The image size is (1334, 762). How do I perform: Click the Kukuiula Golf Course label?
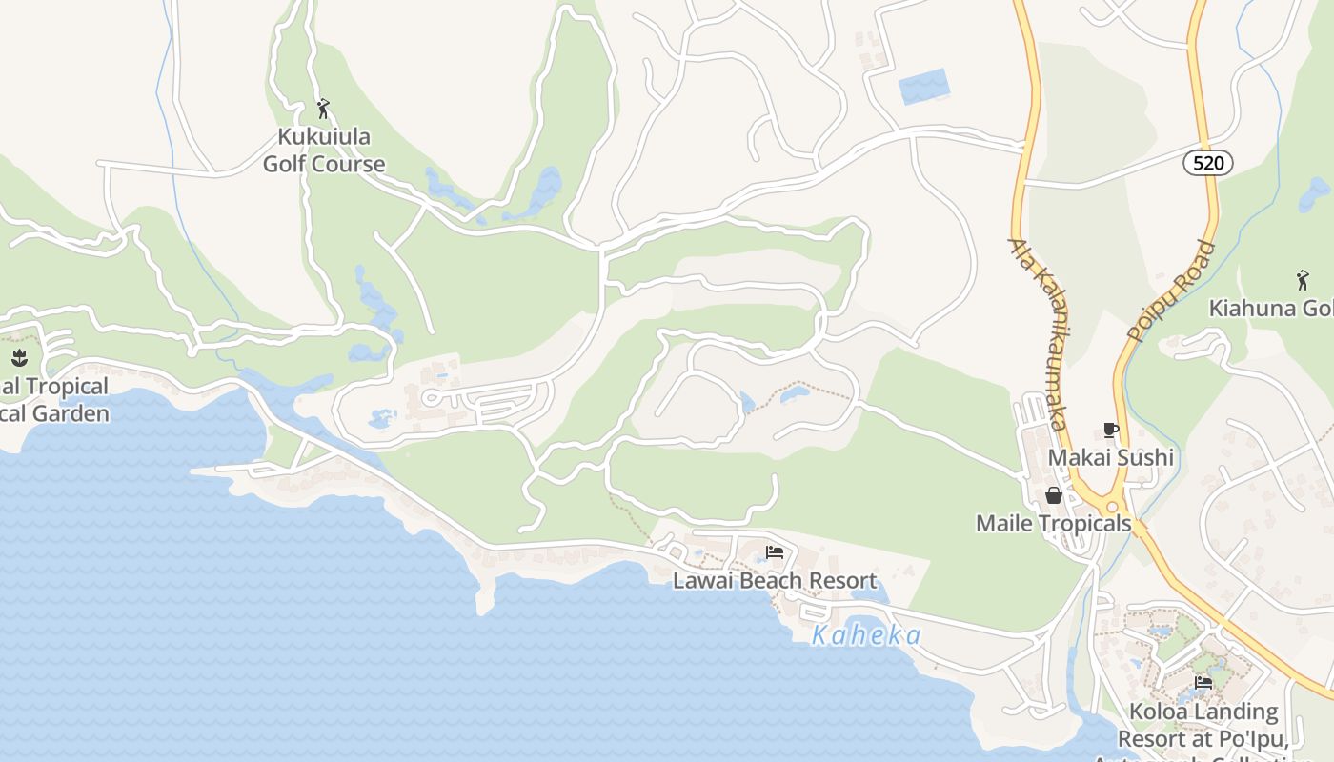coord(324,150)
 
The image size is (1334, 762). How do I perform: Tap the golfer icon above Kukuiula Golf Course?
coord(323,109)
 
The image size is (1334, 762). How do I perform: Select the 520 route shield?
coord(1207,163)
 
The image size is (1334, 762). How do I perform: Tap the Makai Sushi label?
coord(1110,457)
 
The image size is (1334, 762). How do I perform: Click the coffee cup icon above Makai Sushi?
coord(1110,430)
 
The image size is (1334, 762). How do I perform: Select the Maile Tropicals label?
coord(1053,523)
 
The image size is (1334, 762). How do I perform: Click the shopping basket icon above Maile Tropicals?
coord(1054,495)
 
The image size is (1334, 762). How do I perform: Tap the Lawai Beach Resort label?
coord(775,580)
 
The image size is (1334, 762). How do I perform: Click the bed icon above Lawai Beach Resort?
coord(775,552)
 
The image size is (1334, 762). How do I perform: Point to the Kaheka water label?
coord(866,635)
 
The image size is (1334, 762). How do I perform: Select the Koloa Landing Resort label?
coord(1203,725)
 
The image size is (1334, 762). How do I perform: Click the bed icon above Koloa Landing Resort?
coord(1203,683)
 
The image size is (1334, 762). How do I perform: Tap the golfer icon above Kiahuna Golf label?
coord(1303,280)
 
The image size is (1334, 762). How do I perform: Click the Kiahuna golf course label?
coord(1271,308)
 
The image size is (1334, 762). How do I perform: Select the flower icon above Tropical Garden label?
coord(18,358)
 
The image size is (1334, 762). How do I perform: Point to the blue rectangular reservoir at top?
coord(924,87)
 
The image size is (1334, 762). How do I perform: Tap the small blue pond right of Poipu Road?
coord(1315,194)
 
